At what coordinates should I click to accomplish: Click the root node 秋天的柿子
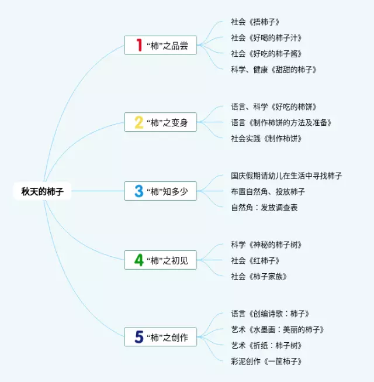coord(42,191)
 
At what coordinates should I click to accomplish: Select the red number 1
coord(139,45)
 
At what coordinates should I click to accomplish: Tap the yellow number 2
coord(139,122)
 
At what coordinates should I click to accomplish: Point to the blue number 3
coord(139,191)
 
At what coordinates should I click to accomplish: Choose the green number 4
coord(139,260)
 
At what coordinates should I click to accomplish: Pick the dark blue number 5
coord(139,337)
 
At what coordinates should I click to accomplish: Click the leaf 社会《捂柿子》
coord(255,22)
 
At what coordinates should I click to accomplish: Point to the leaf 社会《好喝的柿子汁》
coord(266,37)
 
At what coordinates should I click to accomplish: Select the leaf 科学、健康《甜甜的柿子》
coord(274,70)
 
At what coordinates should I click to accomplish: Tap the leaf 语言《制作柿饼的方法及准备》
coord(282,123)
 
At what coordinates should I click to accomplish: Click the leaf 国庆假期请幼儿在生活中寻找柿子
coord(286,175)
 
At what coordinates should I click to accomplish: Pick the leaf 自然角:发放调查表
coord(264,208)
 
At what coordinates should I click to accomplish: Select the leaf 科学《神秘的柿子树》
coord(266,245)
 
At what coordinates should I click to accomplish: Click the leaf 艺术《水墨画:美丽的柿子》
coord(278,329)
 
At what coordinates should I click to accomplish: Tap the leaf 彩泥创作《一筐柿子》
coord(266,362)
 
